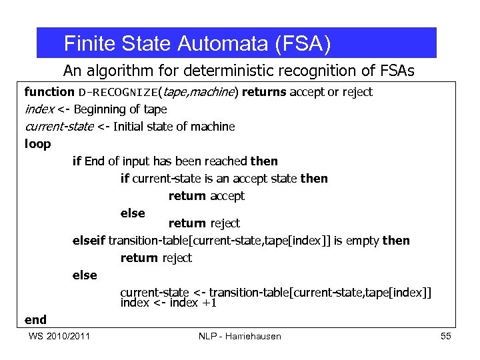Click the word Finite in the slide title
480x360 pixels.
(85, 44)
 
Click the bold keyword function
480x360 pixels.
(49, 92)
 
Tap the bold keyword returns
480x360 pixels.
(265, 92)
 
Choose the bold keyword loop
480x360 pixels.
(37, 144)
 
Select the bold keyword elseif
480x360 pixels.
(89, 240)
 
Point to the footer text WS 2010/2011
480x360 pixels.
(60, 336)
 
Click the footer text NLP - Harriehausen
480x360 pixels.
(240, 336)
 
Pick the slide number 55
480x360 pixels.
(446, 336)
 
